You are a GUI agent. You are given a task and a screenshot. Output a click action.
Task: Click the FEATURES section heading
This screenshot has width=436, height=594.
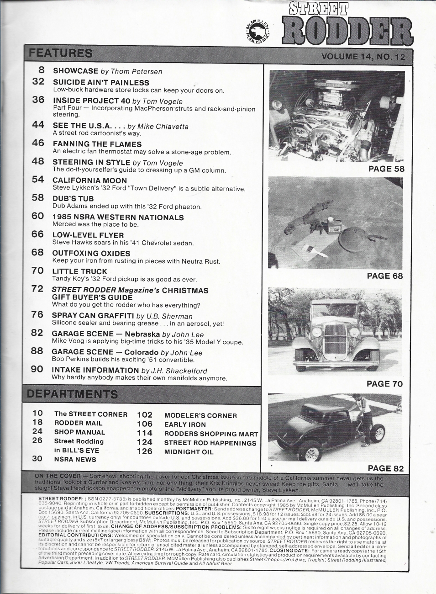[60, 53]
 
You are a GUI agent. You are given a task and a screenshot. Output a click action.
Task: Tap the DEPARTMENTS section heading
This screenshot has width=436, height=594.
[72, 394]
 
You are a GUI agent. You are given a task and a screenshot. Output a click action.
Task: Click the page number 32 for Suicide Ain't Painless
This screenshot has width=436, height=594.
[38, 82]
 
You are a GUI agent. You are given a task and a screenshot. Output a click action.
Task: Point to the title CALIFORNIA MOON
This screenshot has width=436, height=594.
[89, 180]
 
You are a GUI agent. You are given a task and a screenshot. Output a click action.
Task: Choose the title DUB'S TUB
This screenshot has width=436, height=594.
[73, 199]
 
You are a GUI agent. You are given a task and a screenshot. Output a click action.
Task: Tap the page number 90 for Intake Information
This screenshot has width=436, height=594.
[37, 369]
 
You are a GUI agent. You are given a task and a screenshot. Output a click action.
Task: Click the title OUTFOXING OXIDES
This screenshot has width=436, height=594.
[91, 253]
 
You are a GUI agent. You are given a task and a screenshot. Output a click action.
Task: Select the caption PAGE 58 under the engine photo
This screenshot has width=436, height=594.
[386, 169]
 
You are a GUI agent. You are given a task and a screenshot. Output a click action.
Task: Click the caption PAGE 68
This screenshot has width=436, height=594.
[385, 276]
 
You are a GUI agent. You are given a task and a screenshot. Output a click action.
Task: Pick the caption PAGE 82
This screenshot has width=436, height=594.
[385, 468]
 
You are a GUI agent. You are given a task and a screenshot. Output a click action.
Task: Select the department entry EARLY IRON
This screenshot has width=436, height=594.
[185, 424]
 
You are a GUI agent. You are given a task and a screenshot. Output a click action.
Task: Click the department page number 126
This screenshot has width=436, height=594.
[145, 451]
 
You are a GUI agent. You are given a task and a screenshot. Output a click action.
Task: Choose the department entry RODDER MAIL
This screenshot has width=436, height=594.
[78, 423]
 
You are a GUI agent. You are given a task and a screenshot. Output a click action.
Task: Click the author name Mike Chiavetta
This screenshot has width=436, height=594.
[163, 127]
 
